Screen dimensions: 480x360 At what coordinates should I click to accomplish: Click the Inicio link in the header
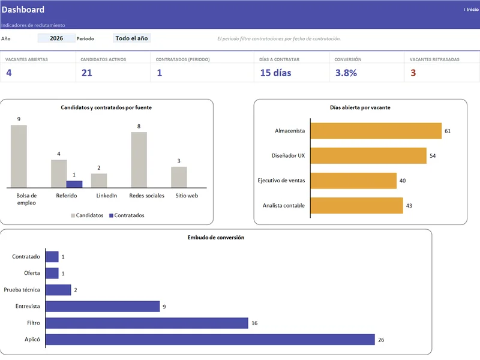pyautogui.click(x=471, y=10)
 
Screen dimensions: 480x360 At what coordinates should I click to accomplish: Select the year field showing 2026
pyautogui.click(x=56, y=38)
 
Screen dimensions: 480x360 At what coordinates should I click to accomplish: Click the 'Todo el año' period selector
pyautogui.click(x=131, y=38)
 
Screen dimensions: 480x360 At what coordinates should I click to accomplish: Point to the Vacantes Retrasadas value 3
pyautogui.click(x=413, y=73)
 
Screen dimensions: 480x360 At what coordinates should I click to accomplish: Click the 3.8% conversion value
pyautogui.click(x=346, y=73)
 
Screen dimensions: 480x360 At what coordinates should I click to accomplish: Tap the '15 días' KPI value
pyautogui.click(x=275, y=73)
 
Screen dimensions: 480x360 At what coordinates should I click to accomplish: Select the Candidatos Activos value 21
pyautogui.click(x=86, y=73)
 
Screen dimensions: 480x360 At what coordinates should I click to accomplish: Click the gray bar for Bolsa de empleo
pyautogui.click(x=19, y=156)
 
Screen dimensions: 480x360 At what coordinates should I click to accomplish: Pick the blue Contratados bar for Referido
pyautogui.click(x=74, y=184)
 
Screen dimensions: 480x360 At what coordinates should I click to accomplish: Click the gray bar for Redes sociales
pyautogui.click(x=139, y=160)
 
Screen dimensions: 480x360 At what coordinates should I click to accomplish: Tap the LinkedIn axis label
pyautogui.click(x=107, y=196)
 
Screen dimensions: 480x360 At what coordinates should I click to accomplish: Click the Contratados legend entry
pyautogui.click(x=127, y=215)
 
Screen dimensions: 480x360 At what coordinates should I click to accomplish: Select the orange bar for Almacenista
pyautogui.click(x=376, y=131)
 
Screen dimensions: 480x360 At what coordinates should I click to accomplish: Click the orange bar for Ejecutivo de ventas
pyautogui.click(x=353, y=181)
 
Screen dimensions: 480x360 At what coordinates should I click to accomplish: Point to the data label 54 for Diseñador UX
pyautogui.click(x=433, y=156)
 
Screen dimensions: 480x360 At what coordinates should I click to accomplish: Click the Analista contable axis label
pyautogui.click(x=283, y=205)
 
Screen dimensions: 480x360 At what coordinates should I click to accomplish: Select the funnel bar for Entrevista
pyautogui.click(x=103, y=307)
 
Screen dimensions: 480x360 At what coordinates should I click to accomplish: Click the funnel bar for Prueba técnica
pyautogui.click(x=58, y=290)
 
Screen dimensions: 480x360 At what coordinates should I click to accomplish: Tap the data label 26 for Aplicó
pyautogui.click(x=381, y=340)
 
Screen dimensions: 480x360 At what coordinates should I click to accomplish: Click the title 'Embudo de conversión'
pyautogui.click(x=216, y=238)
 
